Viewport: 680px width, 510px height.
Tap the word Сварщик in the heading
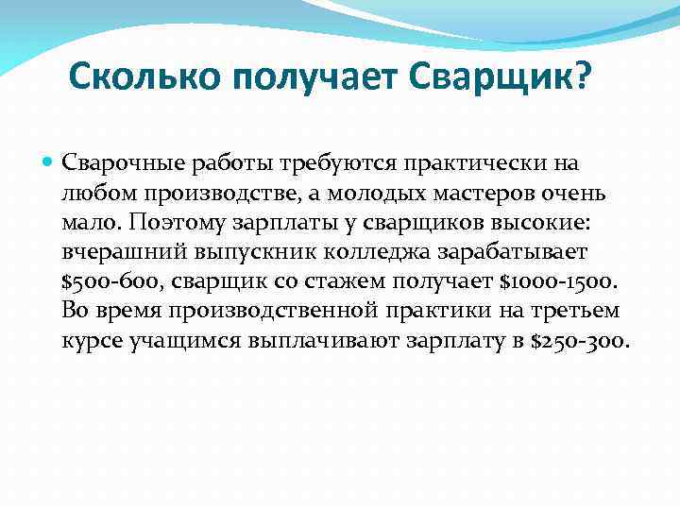495,76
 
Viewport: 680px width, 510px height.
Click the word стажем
373,280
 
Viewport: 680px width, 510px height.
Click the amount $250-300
578,340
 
